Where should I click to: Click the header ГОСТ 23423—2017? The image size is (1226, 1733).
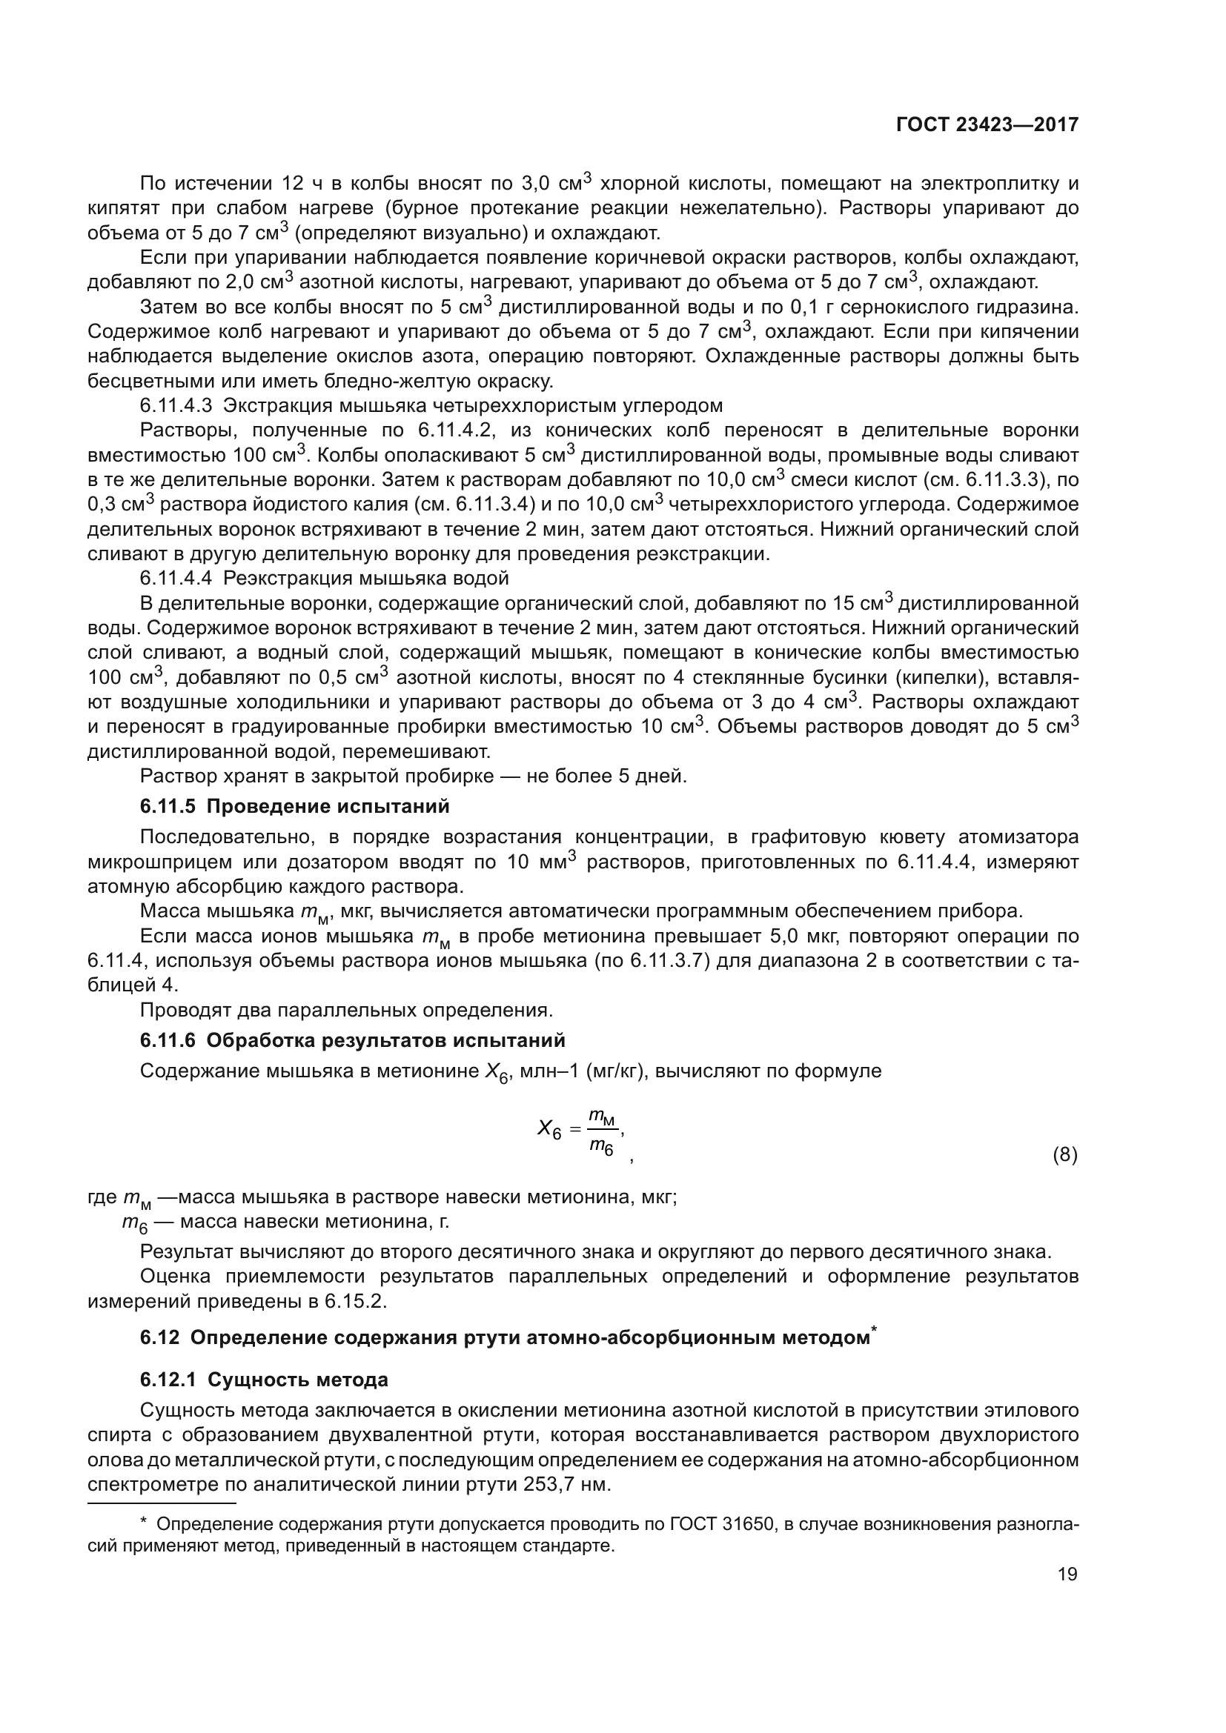[987, 125]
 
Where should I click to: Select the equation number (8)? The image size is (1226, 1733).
[1064, 1156]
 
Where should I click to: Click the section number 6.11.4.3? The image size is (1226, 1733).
[176, 406]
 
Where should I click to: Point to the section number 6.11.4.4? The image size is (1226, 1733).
[176, 578]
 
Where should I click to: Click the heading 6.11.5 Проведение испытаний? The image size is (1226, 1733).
[294, 807]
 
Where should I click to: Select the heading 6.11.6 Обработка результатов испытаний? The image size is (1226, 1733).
[352, 1041]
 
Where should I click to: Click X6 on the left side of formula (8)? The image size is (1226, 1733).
[548, 1130]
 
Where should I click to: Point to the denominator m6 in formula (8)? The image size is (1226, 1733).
[601, 1146]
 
